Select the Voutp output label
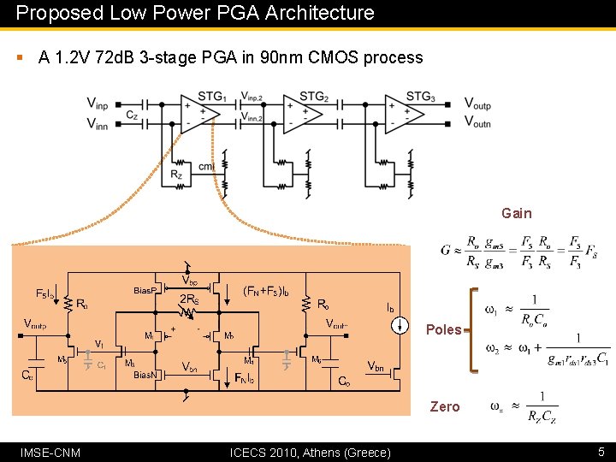click(477, 104)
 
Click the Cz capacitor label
click(132, 114)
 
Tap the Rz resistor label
click(176, 175)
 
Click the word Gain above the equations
click(516, 214)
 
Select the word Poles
click(443, 329)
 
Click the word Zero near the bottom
click(445, 407)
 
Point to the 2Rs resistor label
click(189, 299)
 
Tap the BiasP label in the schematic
click(147, 291)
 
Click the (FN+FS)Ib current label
click(273, 290)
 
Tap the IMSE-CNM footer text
click(50, 452)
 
